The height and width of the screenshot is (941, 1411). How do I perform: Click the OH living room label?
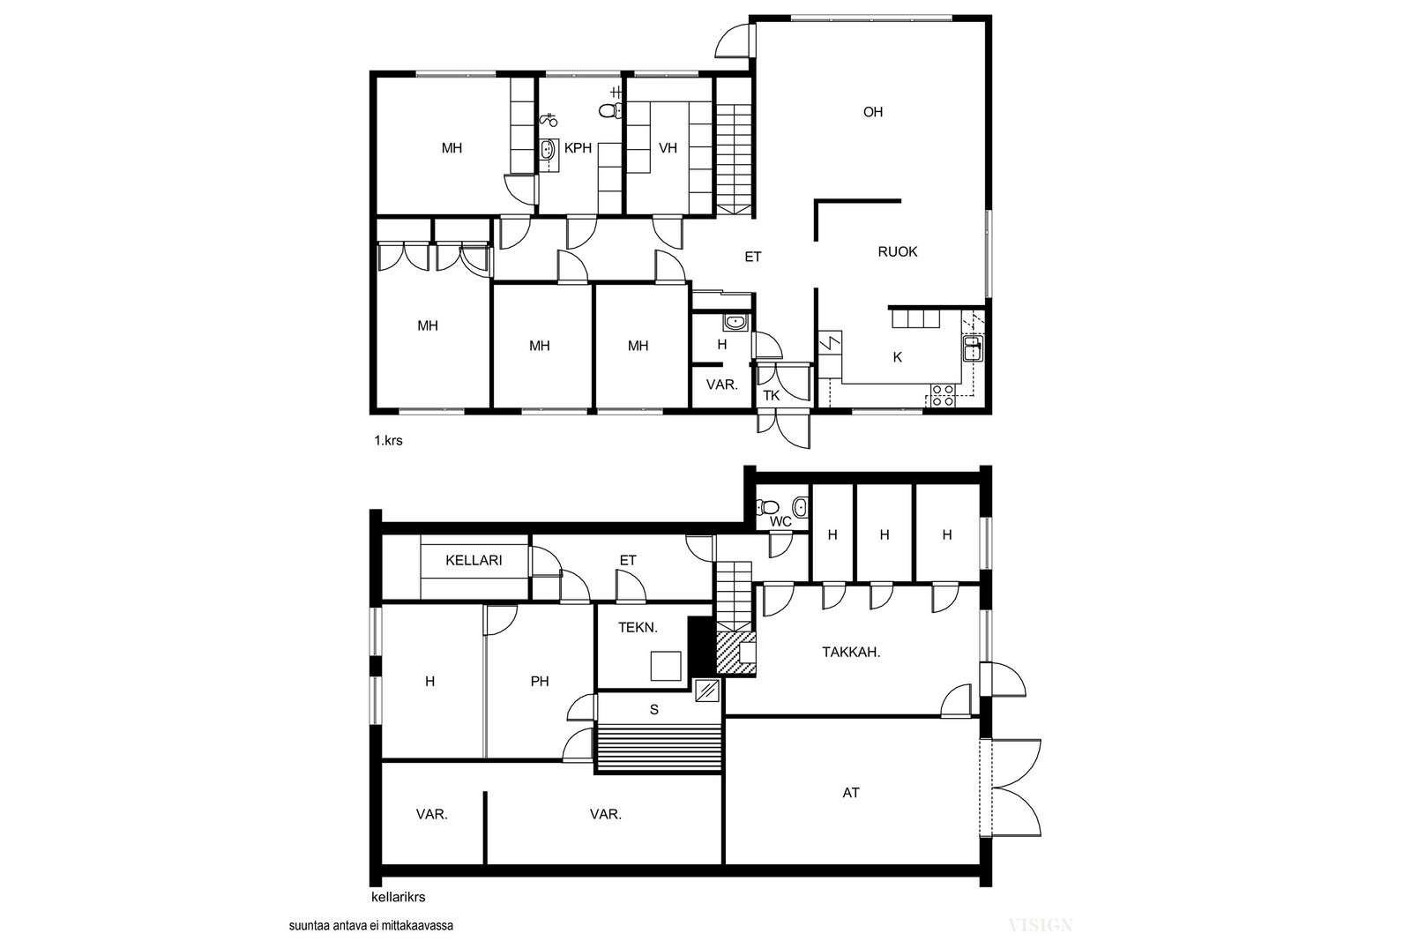(872, 112)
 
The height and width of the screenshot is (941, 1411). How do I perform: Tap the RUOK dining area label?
(898, 252)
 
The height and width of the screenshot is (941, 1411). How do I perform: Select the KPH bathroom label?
(578, 148)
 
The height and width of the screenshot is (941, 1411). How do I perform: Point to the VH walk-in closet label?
(668, 148)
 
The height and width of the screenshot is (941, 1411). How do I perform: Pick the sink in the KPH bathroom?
(549, 151)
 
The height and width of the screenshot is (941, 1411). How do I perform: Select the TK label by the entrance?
(772, 396)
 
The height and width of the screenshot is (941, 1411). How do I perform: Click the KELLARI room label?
(474, 560)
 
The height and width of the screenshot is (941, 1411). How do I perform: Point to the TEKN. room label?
(638, 627)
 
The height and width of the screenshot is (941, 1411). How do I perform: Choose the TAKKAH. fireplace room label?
(851, 653)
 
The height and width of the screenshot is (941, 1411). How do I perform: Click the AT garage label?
(851, 793)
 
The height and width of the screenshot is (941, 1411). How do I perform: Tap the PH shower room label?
(540, 682)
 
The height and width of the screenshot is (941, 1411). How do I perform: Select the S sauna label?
(653, 710)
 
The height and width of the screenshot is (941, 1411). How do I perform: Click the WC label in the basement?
(780, 522)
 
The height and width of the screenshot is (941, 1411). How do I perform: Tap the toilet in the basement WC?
(768, 506)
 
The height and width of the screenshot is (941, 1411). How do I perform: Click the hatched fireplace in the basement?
(735, 654)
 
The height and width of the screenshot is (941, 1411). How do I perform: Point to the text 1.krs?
(388, 441)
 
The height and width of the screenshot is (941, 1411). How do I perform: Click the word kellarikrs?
(398, 898)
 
